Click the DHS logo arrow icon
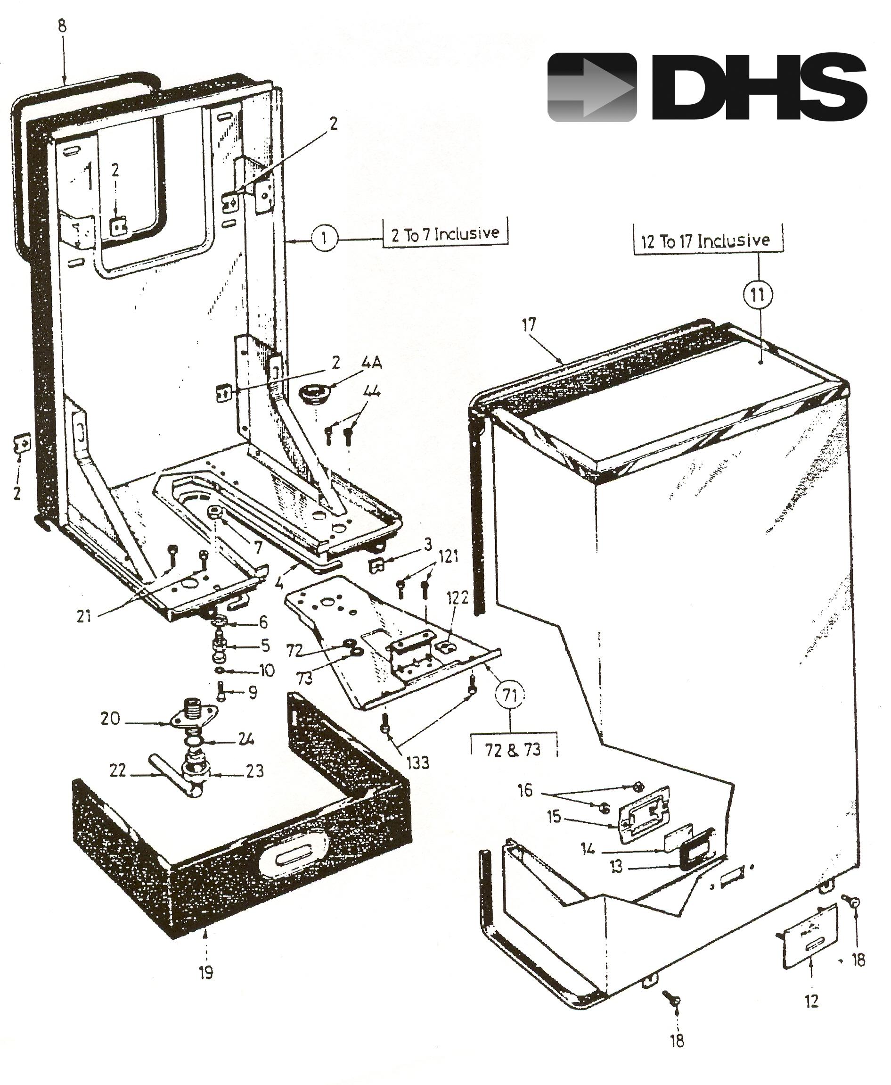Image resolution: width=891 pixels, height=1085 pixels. pos(592,88)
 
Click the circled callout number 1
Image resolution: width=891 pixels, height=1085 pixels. pos(324,238)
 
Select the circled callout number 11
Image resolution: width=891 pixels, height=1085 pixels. pos(758,295)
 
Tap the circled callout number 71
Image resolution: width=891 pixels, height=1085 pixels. pos(510,695)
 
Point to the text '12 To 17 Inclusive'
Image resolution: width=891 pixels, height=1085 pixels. pos(706,240)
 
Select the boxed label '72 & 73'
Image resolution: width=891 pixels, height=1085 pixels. pos(513,750)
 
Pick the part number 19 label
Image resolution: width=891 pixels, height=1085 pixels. pos(206,972)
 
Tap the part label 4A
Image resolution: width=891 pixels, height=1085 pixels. pos(372,363)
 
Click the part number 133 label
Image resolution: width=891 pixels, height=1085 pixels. pos(418,762)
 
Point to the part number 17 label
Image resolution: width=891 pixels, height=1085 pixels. pos(529,324)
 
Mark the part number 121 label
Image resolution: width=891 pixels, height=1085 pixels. pos(448,556)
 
